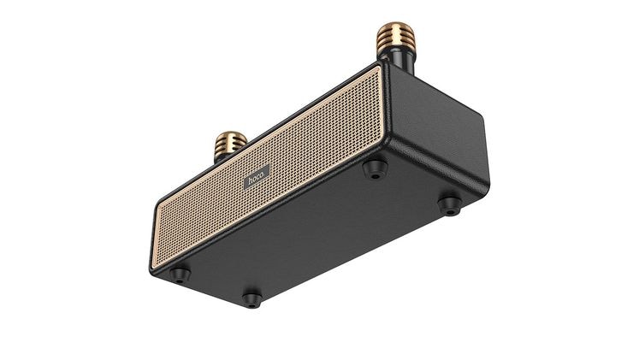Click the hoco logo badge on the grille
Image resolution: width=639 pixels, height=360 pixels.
(x=257, y=177)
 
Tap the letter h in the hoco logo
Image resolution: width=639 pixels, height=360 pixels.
(x=250, y=180)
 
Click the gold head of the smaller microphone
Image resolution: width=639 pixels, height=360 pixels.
(x=231, y=144)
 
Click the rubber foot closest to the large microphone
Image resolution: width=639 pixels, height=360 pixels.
(x=375, y=168)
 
